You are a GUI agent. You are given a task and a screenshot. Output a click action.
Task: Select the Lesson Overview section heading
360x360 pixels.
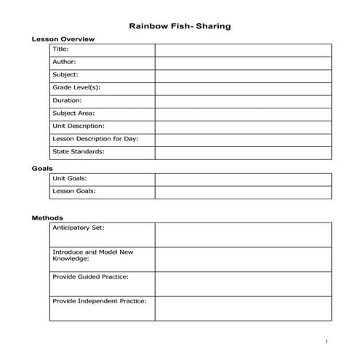coord(63,39)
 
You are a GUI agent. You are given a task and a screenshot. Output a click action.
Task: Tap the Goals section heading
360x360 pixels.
coord(41,168)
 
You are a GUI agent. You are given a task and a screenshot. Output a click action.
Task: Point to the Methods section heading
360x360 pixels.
coord(47,217)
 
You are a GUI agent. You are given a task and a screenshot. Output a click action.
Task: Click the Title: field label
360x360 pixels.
coord(60,49)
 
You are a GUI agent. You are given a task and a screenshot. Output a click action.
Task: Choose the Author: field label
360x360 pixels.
coord(64,62)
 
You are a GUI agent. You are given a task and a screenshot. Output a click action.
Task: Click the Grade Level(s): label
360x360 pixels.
coord(76,87)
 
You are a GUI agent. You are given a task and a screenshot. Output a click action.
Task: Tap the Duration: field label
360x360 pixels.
coord(67,100)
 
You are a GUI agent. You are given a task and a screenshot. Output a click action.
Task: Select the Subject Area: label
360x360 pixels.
coord(73,113)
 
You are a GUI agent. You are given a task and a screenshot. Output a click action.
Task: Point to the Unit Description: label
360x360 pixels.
coord(79,126)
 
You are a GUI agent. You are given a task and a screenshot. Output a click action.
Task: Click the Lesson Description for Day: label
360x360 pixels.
coord(95,139)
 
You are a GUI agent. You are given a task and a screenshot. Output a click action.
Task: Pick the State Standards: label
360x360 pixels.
coord(79,151)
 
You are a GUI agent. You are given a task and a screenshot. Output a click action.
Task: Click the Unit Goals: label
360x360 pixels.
coord(70,178)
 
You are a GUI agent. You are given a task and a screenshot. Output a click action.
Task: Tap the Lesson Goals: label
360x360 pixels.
coord(73,191)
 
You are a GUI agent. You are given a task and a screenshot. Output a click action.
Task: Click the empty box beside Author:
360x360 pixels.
coord(243,63)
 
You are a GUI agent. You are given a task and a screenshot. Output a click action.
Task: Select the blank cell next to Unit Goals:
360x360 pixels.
coord(243,179)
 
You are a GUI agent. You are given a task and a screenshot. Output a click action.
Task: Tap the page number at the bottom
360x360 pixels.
coord(327,341)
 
